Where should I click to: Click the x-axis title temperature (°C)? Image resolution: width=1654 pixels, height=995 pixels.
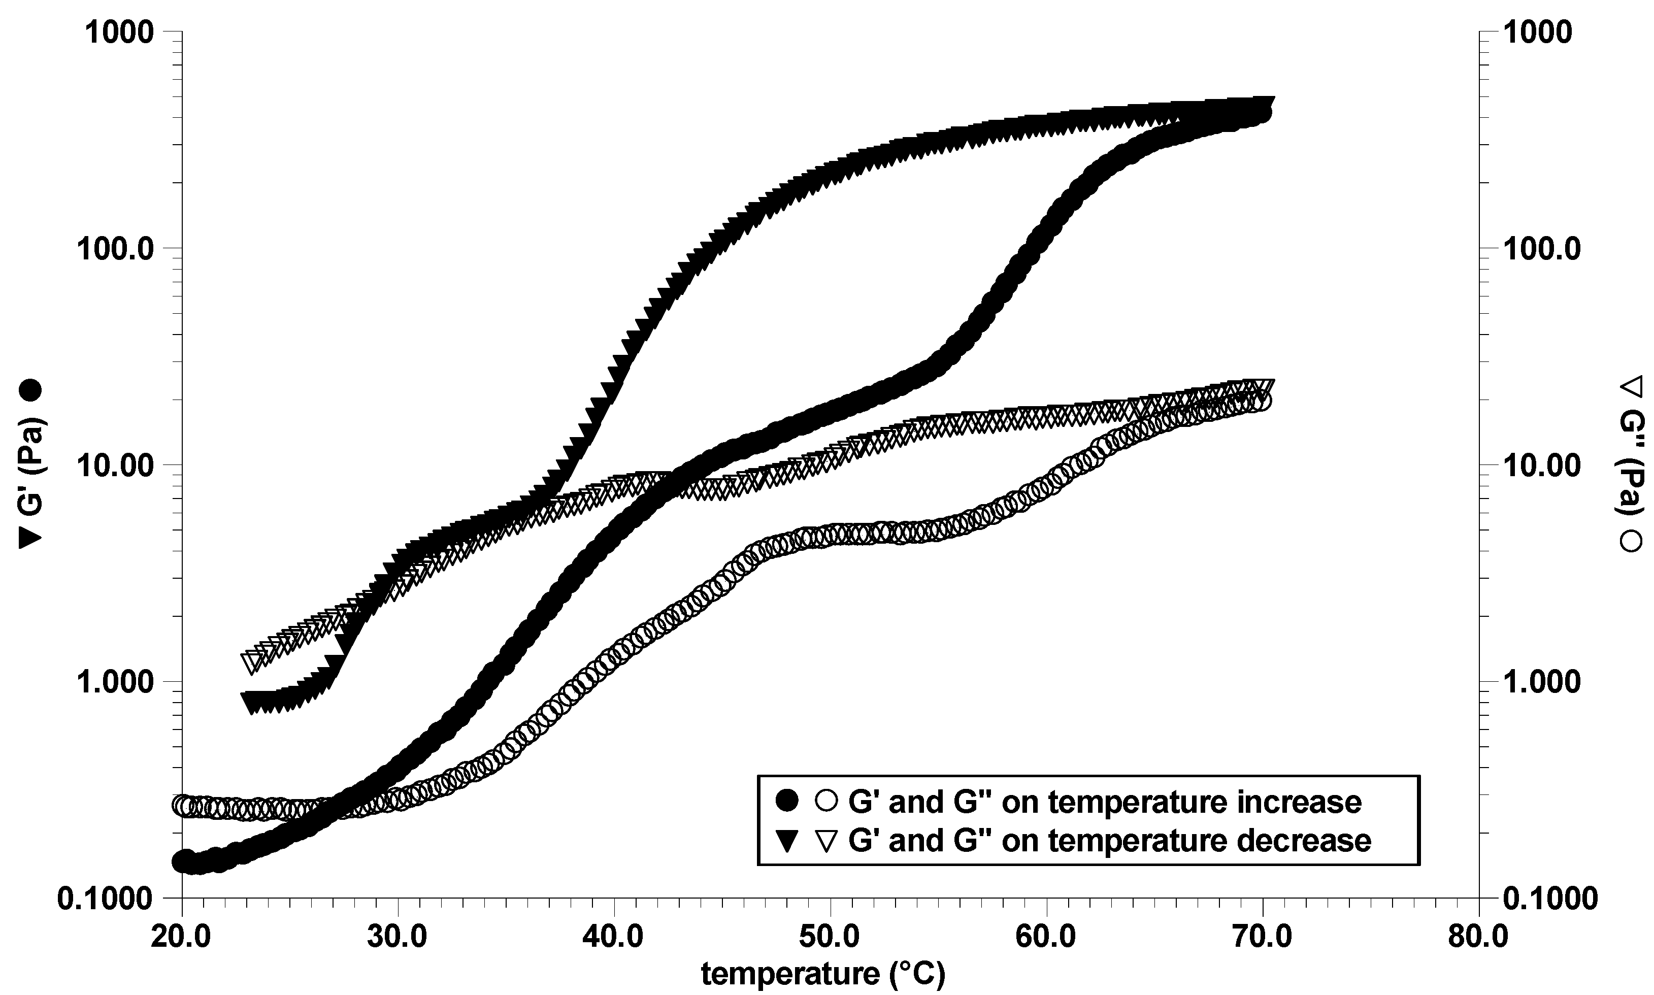pyautogui.click(x=823, y=975)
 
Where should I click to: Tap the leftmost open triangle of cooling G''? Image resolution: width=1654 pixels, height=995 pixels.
pyautogui.click(x=253, y=662)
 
